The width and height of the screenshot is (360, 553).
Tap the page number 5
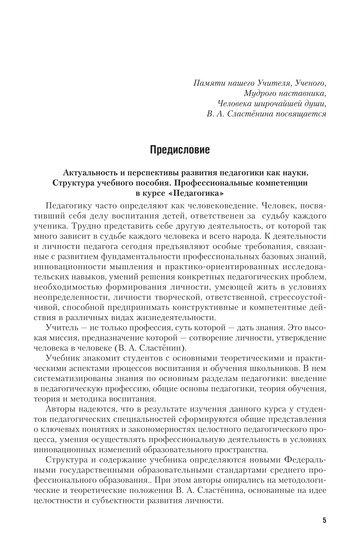click(324, 520)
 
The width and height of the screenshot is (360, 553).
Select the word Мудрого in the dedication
click(260, 94)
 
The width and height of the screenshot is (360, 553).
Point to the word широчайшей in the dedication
click(278, 104)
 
